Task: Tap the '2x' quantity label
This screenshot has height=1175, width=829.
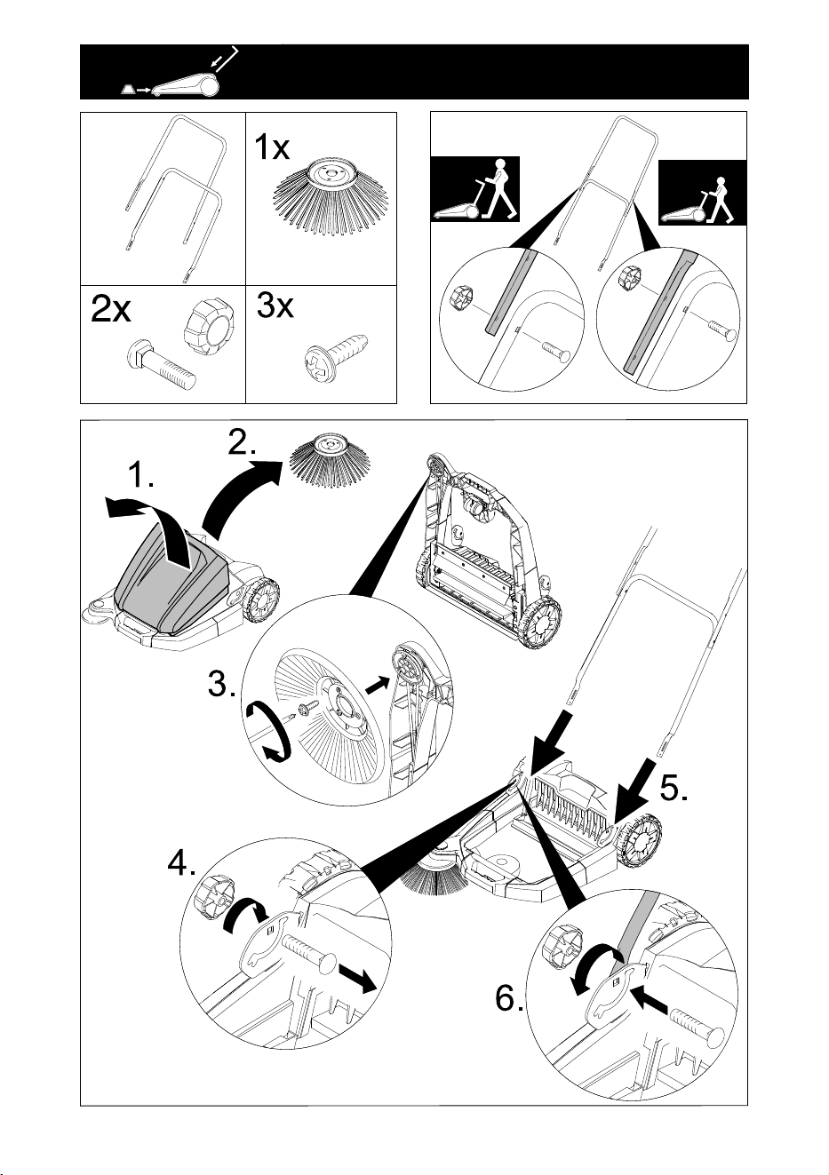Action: (111, 310)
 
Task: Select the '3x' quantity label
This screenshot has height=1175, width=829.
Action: (275, 306)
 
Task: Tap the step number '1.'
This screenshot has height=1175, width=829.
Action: (141, 476)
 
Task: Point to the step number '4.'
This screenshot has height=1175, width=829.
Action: (181, 862)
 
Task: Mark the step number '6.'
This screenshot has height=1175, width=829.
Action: (509, 997)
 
